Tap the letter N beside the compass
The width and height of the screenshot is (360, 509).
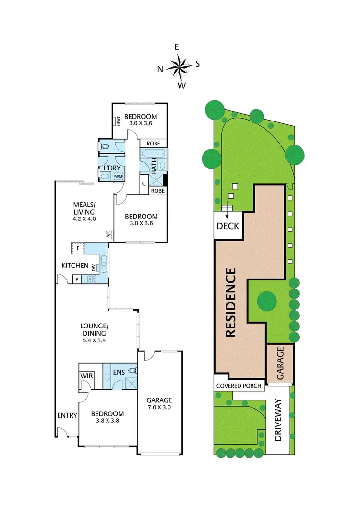(160, 69)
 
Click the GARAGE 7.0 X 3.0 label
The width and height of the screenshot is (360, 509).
(160, 403)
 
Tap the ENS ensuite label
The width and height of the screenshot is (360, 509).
(120, 371)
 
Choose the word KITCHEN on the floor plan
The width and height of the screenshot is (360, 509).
(75, 266)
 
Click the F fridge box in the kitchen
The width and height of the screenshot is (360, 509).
(78, 249)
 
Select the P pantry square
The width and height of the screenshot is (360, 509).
(76, 279)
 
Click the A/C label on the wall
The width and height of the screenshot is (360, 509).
(108, 234)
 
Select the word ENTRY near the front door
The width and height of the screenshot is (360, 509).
(67, 415)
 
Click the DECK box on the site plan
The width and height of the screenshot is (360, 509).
(228, 226)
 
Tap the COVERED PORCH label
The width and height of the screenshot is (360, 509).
(239, 386)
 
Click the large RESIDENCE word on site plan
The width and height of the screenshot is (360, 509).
(231, 303)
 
